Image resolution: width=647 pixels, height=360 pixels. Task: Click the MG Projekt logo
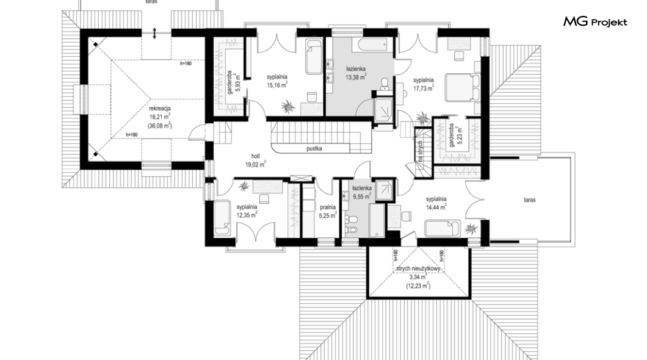click(595, 22)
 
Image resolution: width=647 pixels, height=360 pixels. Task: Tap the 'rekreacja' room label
click(160, 109)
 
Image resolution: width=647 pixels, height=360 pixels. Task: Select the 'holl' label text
click(255, 156)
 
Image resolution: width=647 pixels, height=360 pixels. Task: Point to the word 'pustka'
click(314, 148)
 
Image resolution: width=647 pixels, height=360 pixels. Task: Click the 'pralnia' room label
click(328, 207)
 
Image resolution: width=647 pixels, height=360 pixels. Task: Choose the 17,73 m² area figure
click(424, 88)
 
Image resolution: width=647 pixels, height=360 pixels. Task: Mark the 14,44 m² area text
click(436, 207)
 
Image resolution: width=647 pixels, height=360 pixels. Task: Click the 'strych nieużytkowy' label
click(418, 269)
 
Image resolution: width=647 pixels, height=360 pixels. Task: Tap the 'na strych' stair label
click(421, 151)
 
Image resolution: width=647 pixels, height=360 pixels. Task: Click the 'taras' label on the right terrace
click(530, 200)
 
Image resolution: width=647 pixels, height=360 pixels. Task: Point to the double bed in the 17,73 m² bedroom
click(463, 87)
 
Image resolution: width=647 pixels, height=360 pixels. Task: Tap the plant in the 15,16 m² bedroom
click(288, 107)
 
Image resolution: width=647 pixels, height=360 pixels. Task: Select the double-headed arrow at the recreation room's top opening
click(154, 33)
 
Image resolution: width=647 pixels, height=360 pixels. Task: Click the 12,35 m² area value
click(247, 215)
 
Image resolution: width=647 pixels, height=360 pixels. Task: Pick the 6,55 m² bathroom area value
click(362, 196)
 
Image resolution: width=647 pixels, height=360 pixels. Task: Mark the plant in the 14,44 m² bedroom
click(471, 228)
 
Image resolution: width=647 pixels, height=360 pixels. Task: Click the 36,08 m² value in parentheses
click(160, 126)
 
